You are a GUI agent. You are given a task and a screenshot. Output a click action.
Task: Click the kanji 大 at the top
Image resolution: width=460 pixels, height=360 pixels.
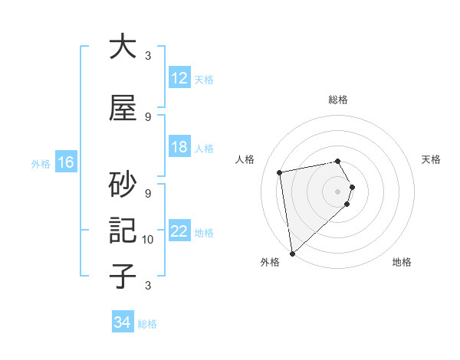pyautogui.click(x=123, y=47)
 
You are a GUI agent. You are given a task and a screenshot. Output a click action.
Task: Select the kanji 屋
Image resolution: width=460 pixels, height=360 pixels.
pyautogui.click(x=123, y=108)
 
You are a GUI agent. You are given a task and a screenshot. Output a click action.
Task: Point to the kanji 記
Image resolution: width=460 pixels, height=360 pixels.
pyautogui.click(x=123, y=230)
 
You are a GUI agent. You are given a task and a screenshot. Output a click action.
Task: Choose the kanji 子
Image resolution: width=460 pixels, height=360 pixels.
pyautogui.click(x=123, y=276)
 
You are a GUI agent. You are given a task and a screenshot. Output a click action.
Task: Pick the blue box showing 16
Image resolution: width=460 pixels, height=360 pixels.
pyautogui.click(x=65, y=162)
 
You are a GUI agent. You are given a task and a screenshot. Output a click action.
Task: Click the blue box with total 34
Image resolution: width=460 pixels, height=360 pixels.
pyautogui.click(x=122, y=322)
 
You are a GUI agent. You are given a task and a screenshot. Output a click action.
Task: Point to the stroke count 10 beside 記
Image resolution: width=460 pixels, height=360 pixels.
pyautogui.click(x=148, y=240)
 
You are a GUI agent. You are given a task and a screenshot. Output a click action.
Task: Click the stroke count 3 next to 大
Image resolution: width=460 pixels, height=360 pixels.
pyautogui.click(x=148, y=56)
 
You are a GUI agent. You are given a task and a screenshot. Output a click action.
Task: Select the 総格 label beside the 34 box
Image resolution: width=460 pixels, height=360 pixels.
pyautogui.click(x=147, y=324)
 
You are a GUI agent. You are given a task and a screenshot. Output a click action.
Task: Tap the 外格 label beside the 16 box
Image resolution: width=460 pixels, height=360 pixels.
pyautogui.click(x=41, y=163)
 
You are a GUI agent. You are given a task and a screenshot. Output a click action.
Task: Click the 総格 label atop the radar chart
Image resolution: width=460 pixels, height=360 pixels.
pyautogui.click(x=338, y=100)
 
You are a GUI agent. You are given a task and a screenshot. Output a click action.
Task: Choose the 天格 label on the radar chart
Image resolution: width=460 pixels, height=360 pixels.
pyautogui.click(x=431, y=159)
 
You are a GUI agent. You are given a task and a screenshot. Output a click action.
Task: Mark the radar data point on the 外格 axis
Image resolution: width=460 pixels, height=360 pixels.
pyautogui.click(x=291, y=253)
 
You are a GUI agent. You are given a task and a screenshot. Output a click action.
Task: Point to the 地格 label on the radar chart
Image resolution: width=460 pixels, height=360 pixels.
pyautogui.click(x=402, y=262)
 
